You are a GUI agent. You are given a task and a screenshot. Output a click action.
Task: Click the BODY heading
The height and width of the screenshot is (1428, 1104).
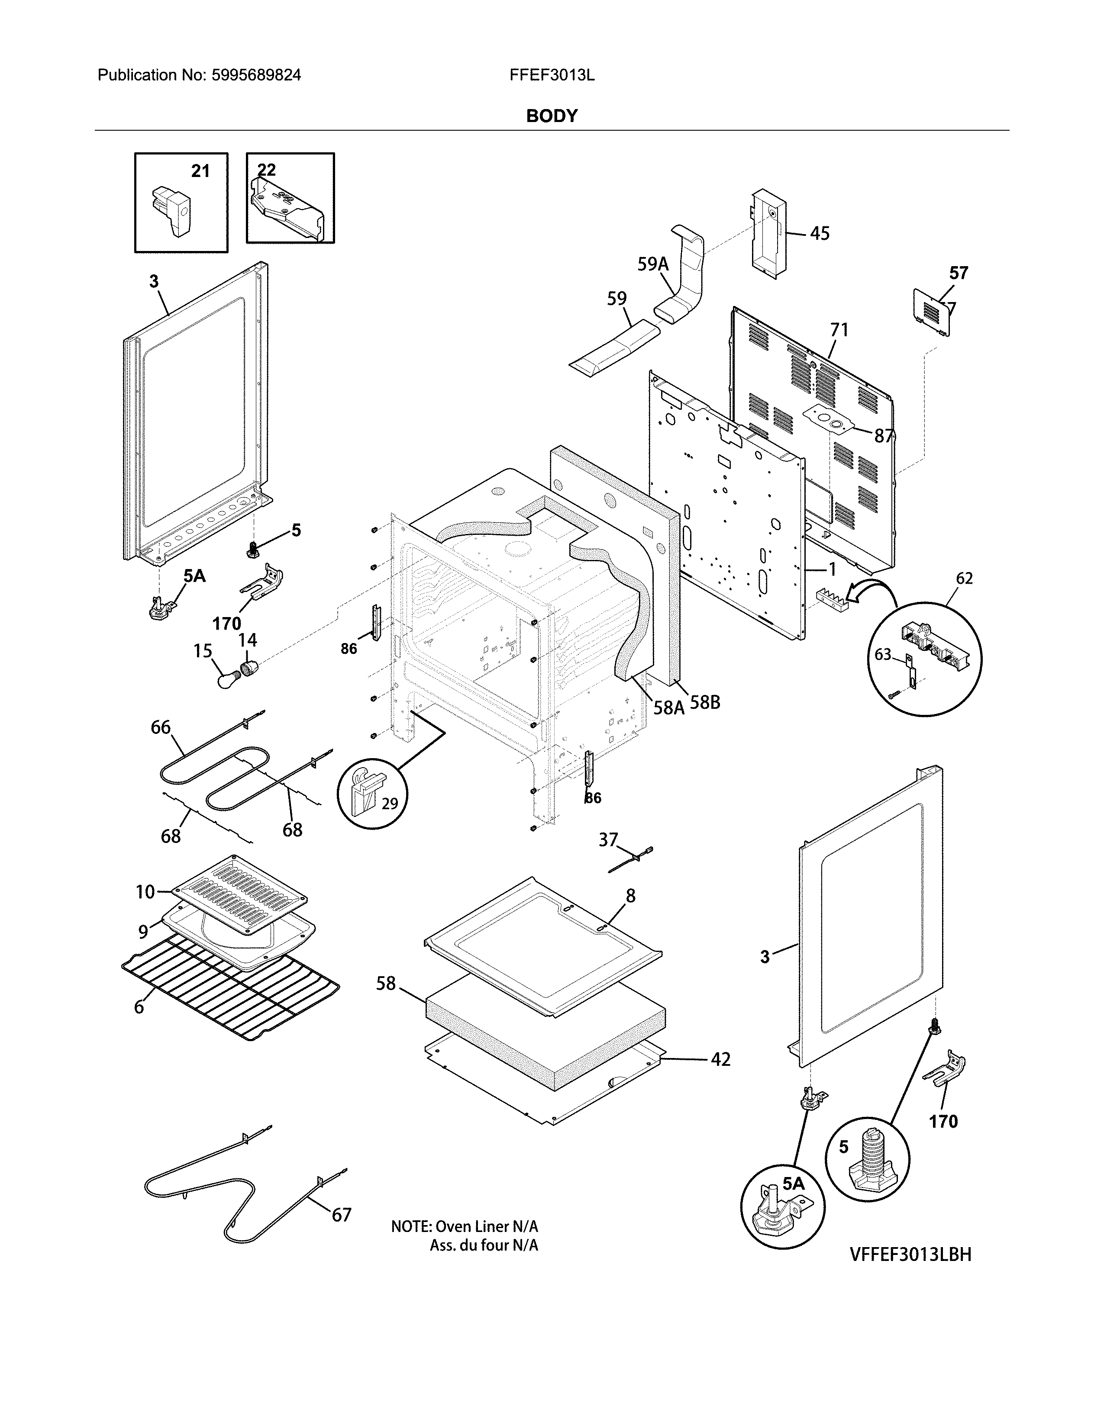click(x=551, y=116)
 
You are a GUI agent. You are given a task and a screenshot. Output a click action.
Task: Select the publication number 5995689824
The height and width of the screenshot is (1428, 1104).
click(x=256, y=75)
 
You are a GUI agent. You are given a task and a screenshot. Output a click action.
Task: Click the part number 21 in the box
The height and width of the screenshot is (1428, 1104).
click(x=200, y=171)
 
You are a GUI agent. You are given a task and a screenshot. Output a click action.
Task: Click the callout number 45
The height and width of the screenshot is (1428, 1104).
click(x=820, y=233)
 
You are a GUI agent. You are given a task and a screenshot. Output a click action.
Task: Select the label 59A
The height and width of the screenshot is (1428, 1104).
click(x=653, y=264)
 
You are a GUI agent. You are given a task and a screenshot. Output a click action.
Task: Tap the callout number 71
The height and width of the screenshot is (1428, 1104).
click(x=839, y=330)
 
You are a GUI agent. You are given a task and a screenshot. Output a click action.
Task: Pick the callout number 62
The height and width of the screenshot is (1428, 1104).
click(x=964, y=578)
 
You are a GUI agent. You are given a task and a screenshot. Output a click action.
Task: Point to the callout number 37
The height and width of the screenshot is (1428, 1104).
click(x=608, y=839)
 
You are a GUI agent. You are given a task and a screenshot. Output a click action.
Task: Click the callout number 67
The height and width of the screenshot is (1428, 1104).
click(x=342, y=1215)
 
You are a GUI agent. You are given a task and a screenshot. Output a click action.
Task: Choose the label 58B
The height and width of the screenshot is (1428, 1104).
click(x=705, y=703)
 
